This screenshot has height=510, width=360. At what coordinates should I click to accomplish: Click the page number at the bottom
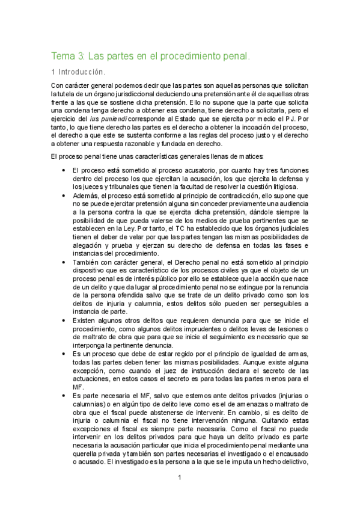point(179,478)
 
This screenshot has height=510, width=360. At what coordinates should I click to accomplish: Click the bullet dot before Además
point(64,196)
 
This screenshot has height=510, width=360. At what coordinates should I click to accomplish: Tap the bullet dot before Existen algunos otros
point(64,321)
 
